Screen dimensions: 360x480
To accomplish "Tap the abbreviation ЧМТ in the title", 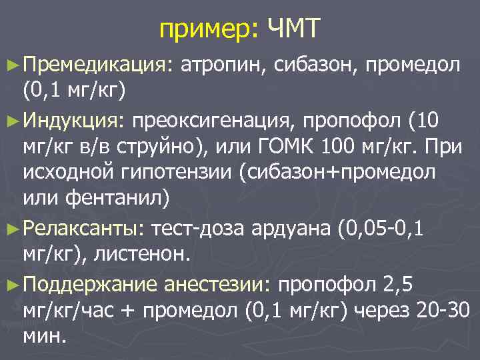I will pos(294,29).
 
